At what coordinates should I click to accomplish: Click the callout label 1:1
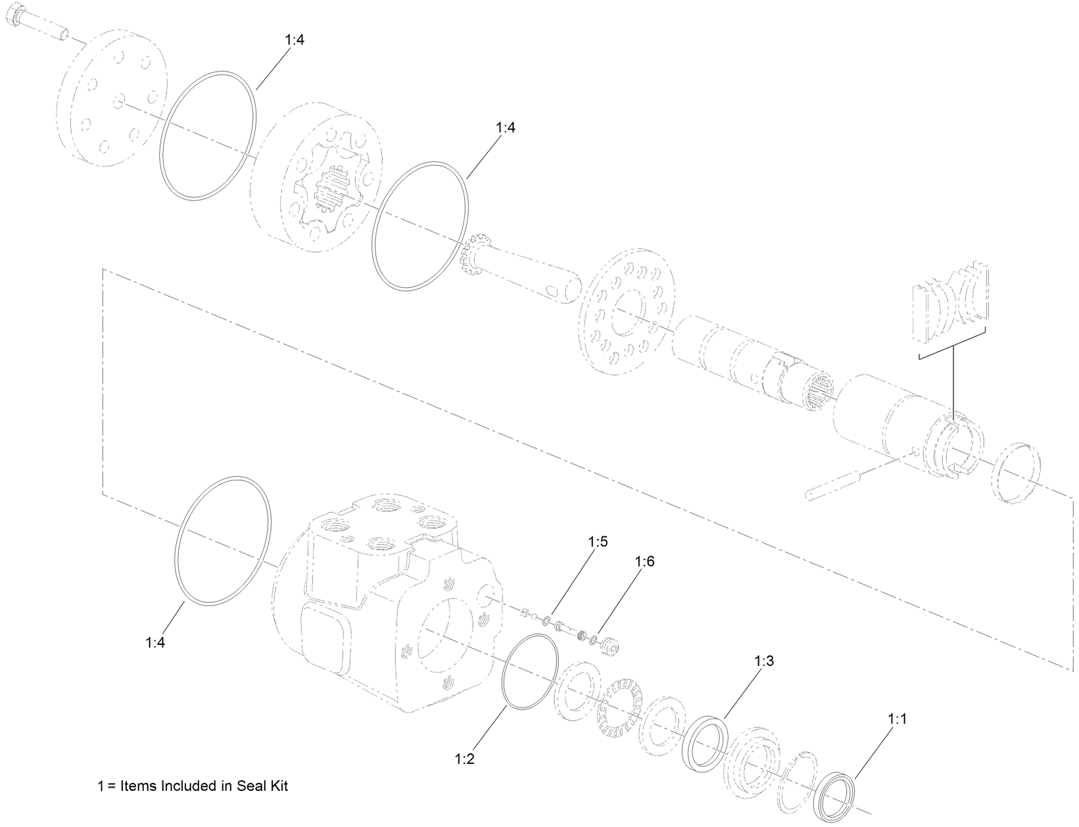[x=897, y=720]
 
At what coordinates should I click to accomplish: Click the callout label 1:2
[x=464, y=759]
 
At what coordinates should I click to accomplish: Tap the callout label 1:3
[x=764, y=661]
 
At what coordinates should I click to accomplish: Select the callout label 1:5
[x=598, y=542]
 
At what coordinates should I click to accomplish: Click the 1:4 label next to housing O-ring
[x=155, y=642]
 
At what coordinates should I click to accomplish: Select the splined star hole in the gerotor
[x=334, y=191]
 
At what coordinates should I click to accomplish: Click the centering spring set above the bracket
[x=951, y=302]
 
